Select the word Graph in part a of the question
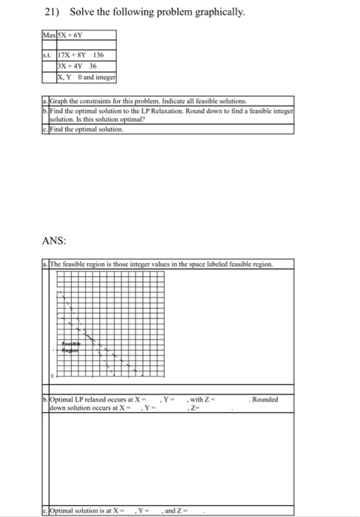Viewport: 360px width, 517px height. coord(57,99)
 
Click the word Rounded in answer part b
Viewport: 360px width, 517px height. coord(265,400)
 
